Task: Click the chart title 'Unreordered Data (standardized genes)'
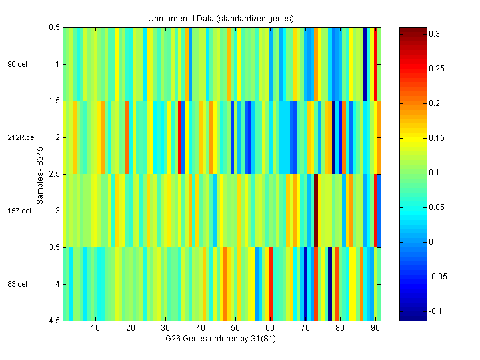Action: [221, 18]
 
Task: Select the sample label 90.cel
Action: [17, 64]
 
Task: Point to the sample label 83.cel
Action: [17, 284]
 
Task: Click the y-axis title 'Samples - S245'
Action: [40, 174]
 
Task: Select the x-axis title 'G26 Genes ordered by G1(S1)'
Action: [221, 338]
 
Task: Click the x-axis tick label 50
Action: [235, 328]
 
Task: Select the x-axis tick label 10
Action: [95, 328]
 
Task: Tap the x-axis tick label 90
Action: [375, 328]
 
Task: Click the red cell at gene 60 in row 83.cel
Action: [270, 284]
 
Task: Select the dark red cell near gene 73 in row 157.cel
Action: [316, 211]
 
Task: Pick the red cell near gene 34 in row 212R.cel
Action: [180, 137]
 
